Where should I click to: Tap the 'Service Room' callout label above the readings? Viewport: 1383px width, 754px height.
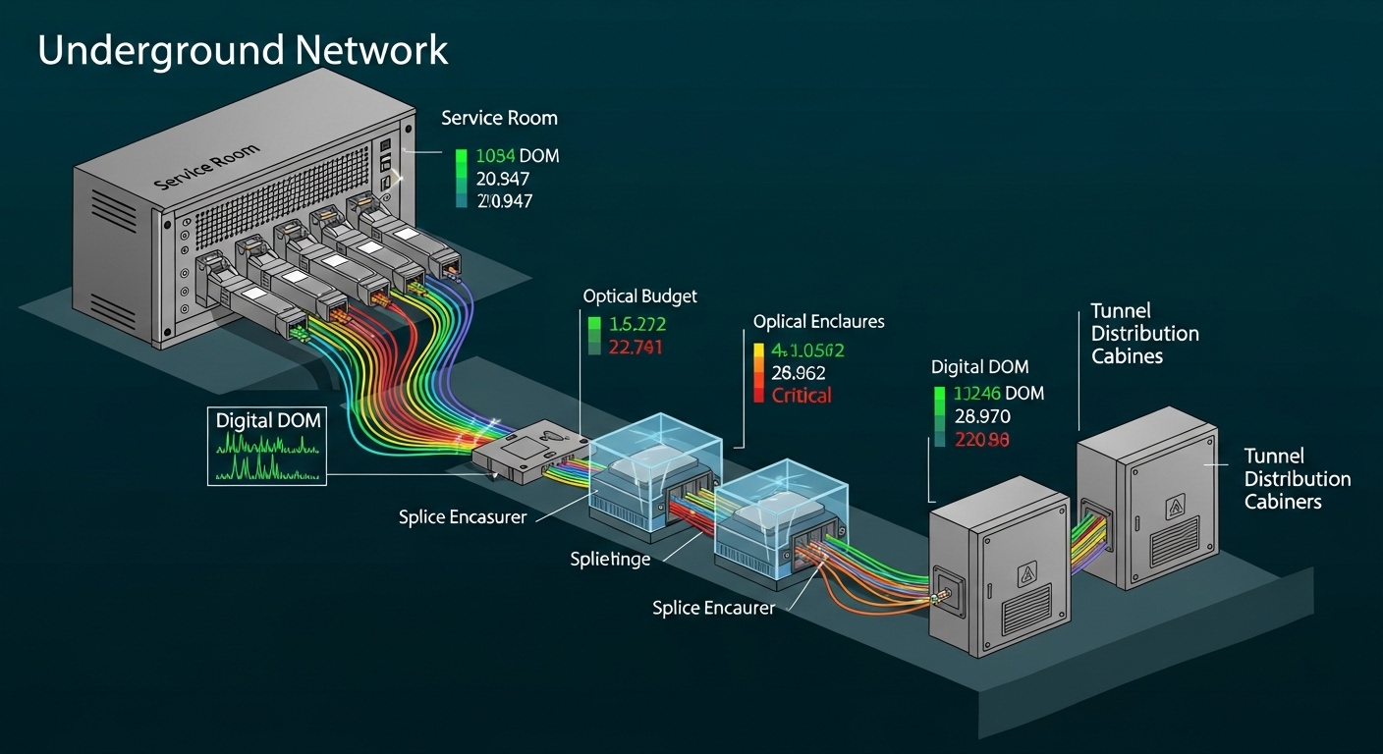click(499, 118)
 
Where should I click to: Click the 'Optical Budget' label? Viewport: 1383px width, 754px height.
click(639, 296)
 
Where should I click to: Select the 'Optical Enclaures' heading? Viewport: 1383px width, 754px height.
click(818, 321)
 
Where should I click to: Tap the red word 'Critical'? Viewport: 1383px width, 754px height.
click(802, 396)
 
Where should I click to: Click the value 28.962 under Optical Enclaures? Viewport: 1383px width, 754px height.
click(799, 373)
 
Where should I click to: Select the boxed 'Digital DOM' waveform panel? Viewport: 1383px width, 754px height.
click(267, 444)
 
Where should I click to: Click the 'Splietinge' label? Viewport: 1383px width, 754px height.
click(610, 560)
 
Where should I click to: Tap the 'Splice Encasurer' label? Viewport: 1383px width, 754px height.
click(463, 516)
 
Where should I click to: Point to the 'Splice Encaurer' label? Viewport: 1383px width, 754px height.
click(713, 608)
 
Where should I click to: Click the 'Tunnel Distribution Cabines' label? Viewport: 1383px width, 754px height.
click(1144, 334)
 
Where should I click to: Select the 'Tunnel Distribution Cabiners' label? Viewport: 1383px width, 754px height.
click(1297, 479)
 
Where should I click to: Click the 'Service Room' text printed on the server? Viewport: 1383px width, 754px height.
click(207, 168)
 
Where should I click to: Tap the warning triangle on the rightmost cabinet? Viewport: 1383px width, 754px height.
click(1175, 507)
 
